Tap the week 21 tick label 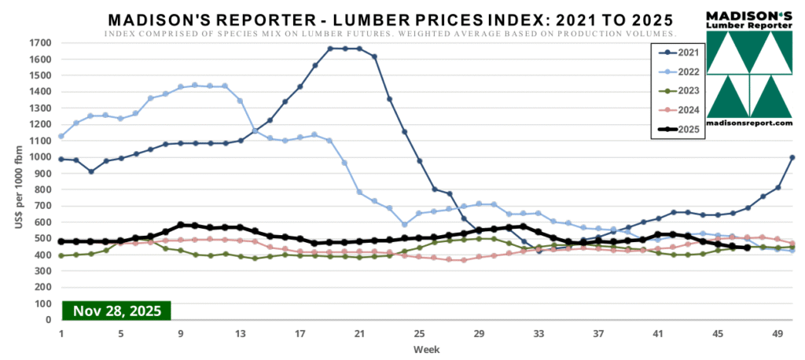pyautogui.click(x=359, y=332)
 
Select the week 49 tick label pyautogui.click(x=777, y=332)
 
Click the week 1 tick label pyautogui.click(x=61, y=332)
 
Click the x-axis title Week pyautogui.click(x=427, y=348)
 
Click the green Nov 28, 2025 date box pyautogui.click(x=116, y=310)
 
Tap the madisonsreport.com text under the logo pyautogui.click(x=749, y=123)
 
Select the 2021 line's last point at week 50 pyautogui.click(x=792, y=158)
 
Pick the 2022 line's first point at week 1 pyautogui.click(x=61, y=136)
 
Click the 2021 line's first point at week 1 pyautogui.click(x=61, y=159)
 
